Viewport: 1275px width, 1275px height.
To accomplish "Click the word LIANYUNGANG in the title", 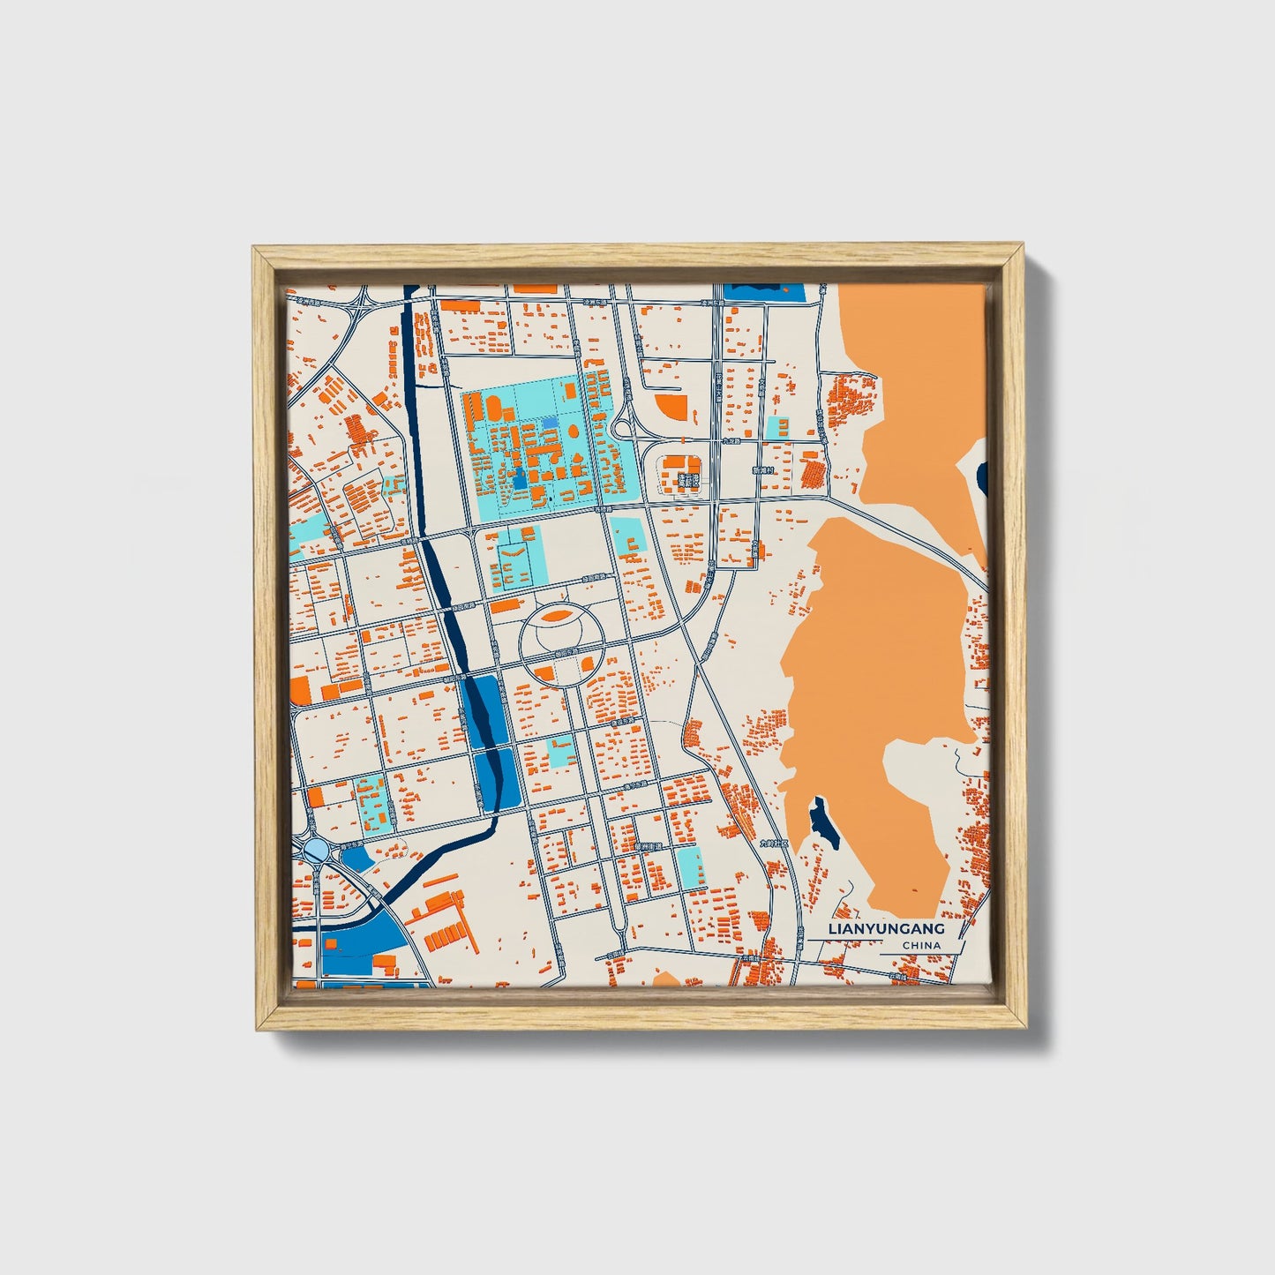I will [x=886, y=929].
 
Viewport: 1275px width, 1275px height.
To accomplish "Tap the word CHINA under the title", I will [x=921, y=946].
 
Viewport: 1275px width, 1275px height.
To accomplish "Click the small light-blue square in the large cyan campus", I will [x=550, y=424].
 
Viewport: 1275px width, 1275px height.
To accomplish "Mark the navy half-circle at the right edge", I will [x=983, y=477].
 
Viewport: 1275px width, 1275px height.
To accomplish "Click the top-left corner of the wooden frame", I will [x=256, y=251].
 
